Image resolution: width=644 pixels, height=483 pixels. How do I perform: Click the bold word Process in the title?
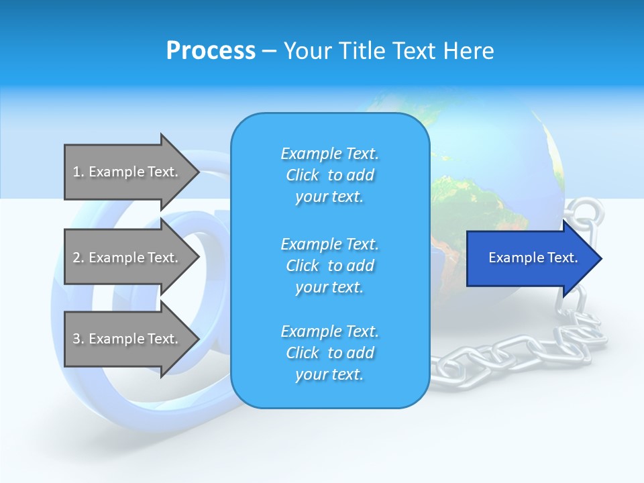211,51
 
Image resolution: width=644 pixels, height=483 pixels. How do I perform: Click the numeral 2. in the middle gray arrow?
78,258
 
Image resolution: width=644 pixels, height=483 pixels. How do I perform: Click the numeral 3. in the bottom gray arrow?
78,339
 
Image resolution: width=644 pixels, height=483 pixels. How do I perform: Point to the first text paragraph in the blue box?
329,175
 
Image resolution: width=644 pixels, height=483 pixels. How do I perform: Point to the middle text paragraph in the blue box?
329,266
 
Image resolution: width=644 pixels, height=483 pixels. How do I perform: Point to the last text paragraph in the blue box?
329,353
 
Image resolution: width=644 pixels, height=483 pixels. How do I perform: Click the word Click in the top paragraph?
303,175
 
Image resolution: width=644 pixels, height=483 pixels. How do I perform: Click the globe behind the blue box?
496,154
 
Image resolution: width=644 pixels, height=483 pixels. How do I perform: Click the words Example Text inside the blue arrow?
533,258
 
